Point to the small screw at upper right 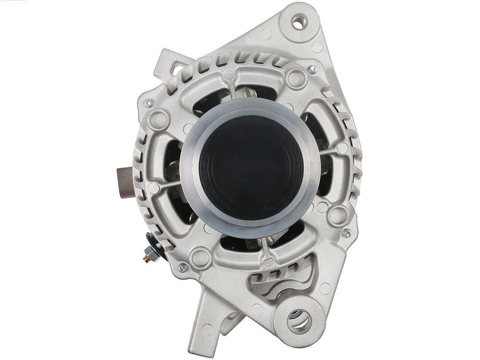(313, 69)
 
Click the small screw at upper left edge (148, 103)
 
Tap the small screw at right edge (347, 232)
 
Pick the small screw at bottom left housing (182, 268)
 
